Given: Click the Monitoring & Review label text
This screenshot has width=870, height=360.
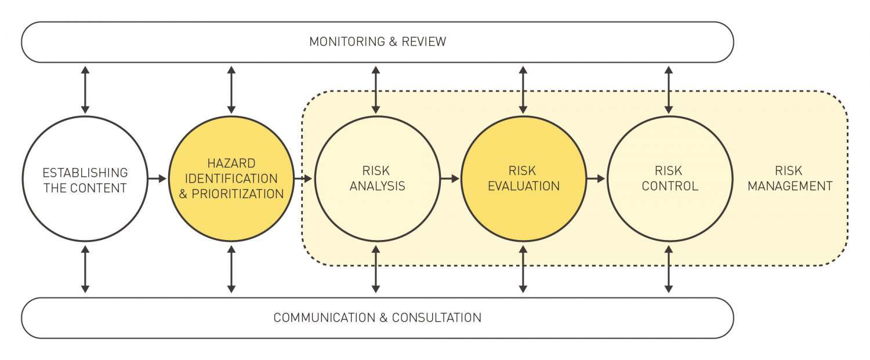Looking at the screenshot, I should [378, 42].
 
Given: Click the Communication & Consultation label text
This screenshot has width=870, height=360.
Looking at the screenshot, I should [378, 318].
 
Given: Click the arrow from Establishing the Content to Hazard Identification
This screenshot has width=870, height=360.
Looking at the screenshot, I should [157, 179].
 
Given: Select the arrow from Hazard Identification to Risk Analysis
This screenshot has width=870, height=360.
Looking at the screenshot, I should [303, 179].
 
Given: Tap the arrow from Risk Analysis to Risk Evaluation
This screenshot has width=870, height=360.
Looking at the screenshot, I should [449, 179].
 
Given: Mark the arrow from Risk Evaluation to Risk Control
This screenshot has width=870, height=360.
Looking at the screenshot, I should [596, 179].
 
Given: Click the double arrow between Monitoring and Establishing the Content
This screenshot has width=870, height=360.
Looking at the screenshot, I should [85, 90].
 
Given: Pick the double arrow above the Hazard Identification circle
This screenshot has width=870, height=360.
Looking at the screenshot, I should [231, 90].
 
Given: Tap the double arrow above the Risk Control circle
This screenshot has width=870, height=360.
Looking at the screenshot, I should [669, 90].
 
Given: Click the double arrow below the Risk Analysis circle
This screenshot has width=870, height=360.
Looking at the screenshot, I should [376, 268].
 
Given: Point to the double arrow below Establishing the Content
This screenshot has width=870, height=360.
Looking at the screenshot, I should [85, 268].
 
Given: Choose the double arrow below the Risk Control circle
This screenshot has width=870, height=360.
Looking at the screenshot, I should [669, 268].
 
